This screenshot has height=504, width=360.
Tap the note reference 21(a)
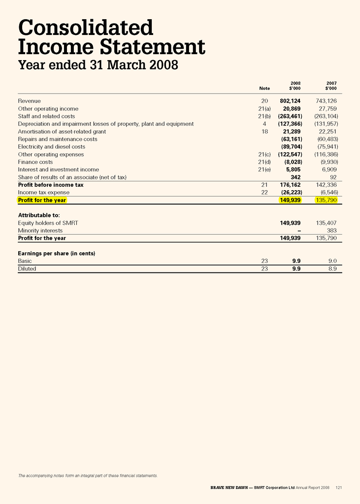coord(264,108)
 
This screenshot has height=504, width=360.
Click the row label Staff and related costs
coord(46,116)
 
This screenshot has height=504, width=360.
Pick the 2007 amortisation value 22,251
coord(325,132)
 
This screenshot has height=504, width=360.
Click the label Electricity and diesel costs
coord(51,147)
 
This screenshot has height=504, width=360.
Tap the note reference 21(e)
coord(264,169)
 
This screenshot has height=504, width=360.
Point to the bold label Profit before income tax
coord(51,185)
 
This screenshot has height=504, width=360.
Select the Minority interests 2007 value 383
coord(331,231)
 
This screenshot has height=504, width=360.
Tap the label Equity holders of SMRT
coord(48,223)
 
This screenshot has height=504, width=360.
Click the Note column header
coord(264,88)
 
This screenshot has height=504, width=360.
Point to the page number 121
coord(338,488)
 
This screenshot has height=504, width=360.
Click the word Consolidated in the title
coord(86,28)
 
